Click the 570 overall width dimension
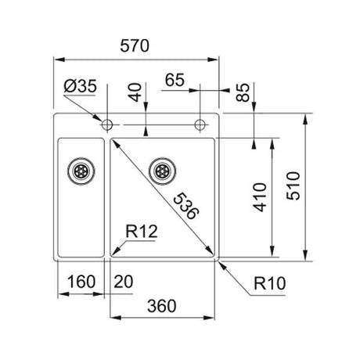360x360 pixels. pyautogui.click(x=135, y=46)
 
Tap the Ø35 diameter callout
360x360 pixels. pyautogui.click(x=80, y=86)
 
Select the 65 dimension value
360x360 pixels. pyautogui.click(x=175, y=80)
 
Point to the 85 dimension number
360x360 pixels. pyautogui.click(x=243, y=92)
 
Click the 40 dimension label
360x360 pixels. pyautogui.click(x=135, y=92)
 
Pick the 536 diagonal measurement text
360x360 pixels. pyautogui.click(x=185, y=206)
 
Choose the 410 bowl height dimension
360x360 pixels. pyautogui.click(x=260, y=197)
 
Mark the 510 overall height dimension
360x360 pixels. pyautogui.click(x=293, y=185)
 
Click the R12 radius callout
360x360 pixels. pyautogui.click(x=142, y=232)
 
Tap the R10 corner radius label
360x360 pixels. pyautogui.click(x=270, y=283)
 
